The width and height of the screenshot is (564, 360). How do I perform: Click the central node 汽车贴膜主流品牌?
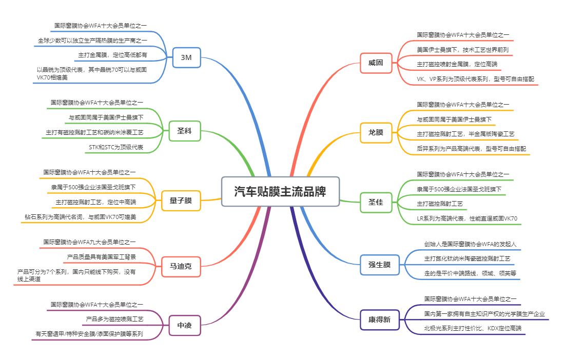click(280, 192)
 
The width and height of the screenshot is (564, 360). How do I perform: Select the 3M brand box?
click(186, 58)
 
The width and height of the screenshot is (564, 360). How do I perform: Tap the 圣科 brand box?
click(184, 131)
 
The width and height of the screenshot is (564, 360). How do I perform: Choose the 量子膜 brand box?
click(181, 201)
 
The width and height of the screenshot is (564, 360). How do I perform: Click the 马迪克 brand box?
click(181, 266)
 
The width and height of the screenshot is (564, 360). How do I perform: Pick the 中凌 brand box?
click(184, 325)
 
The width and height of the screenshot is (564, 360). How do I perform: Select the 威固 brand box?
click(376, 63)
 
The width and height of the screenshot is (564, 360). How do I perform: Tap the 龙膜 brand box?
click(376, 132)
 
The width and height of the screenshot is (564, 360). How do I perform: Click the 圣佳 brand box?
click(376, 200)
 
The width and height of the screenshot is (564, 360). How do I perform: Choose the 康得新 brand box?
click(379, 319)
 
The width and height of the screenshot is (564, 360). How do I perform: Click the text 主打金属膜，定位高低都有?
click(112, 54)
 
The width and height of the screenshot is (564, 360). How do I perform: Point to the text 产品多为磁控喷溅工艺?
click(114, 319)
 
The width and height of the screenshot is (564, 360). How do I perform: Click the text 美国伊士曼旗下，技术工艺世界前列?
click(463, 50)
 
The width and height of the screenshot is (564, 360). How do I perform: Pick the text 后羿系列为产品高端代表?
click(471, 149)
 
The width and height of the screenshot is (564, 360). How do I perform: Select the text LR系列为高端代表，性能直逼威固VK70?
click(467, 218)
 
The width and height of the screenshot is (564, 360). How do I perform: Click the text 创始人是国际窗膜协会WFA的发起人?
click(470, 244)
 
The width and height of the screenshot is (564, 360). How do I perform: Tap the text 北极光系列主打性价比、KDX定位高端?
click(472, 328)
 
